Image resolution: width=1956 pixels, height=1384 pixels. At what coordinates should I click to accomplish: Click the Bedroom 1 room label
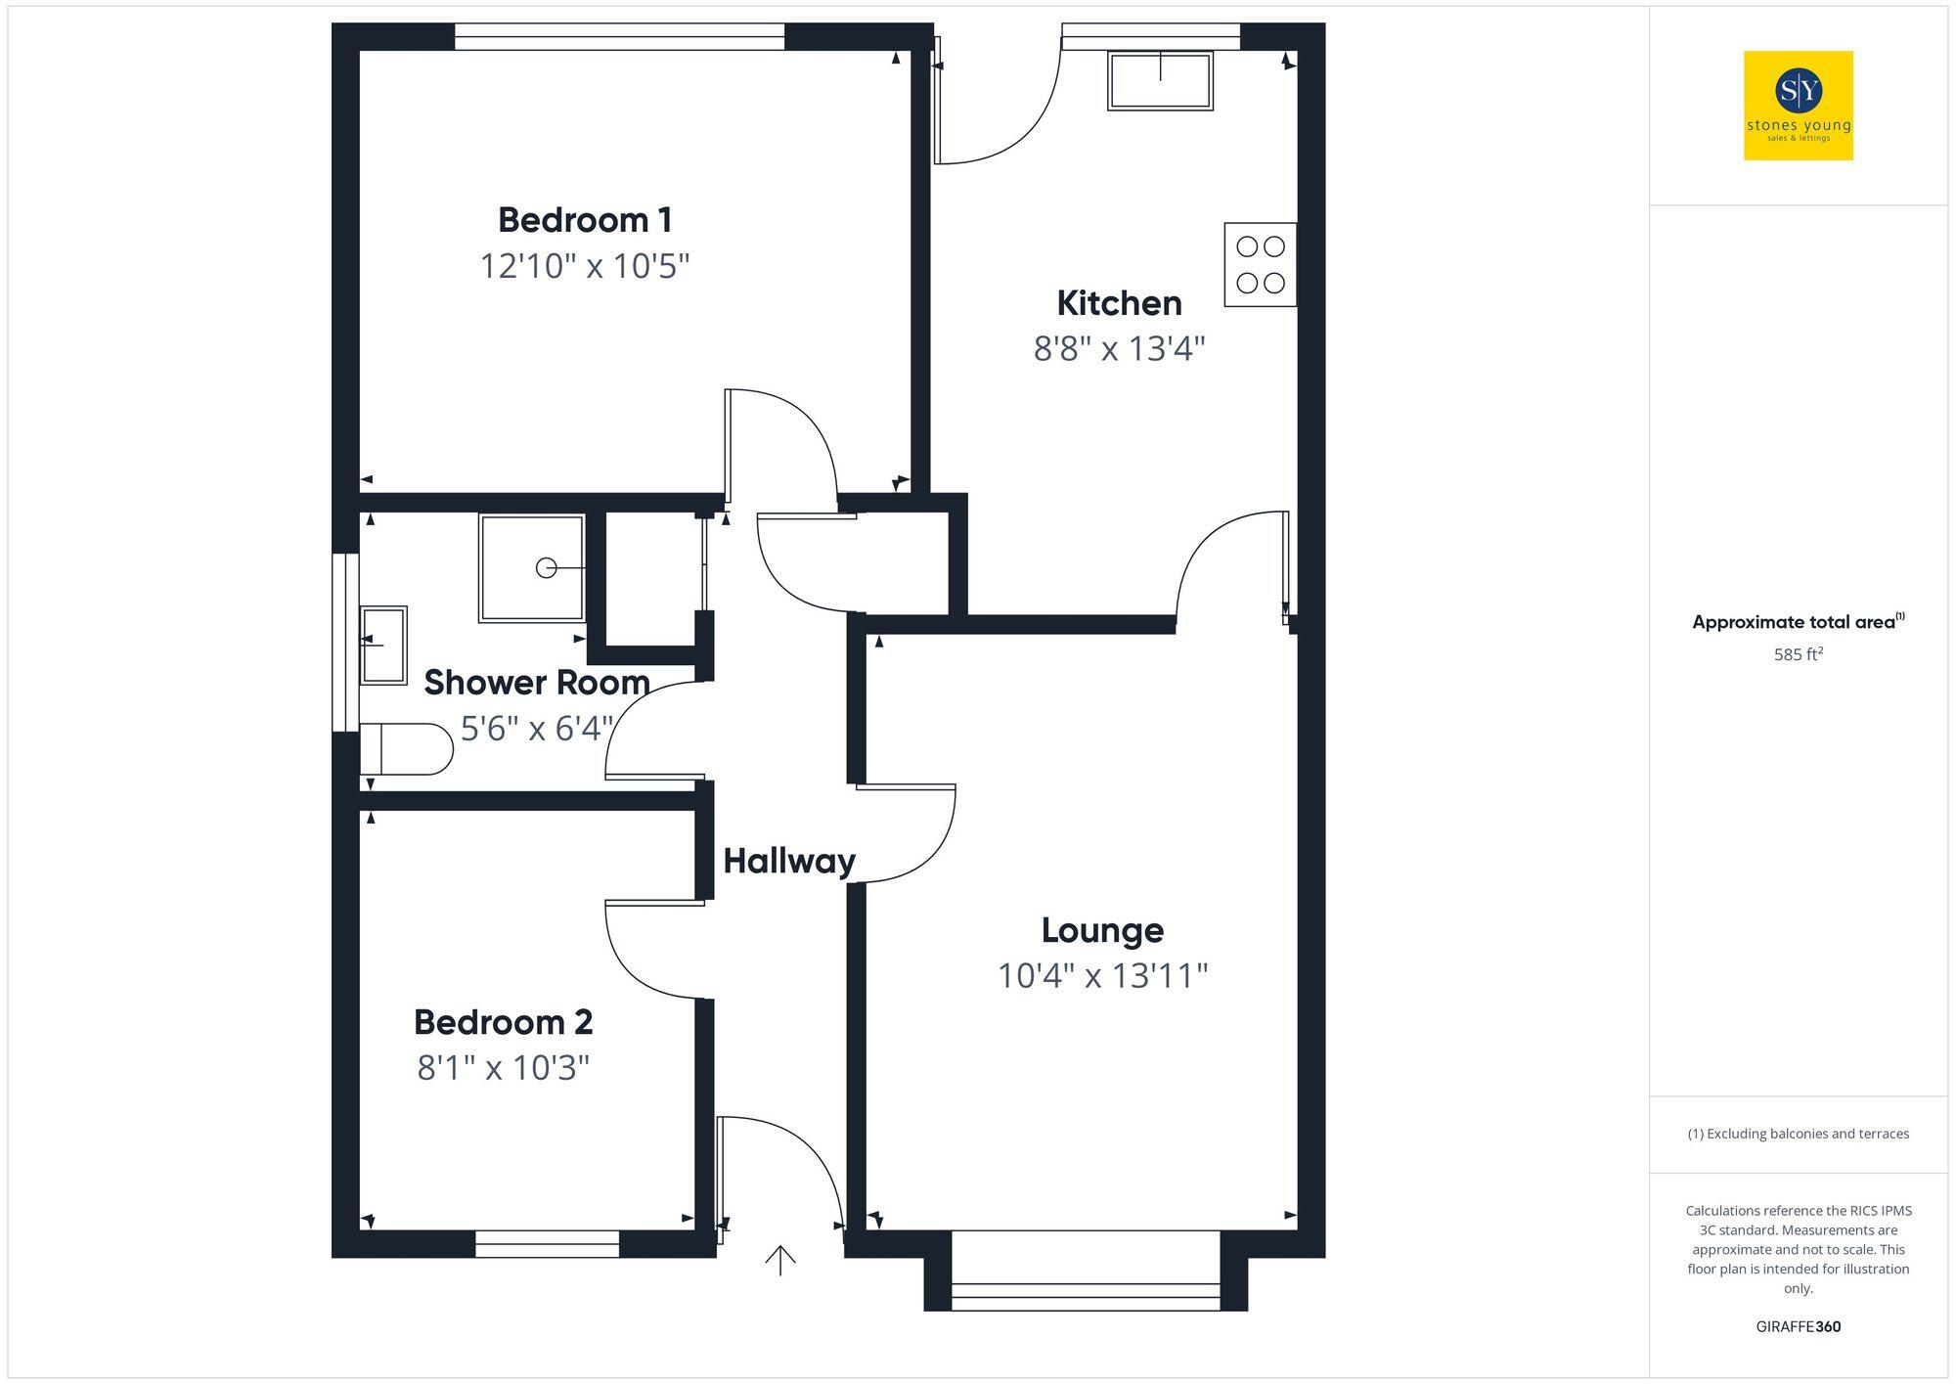click(585, 220)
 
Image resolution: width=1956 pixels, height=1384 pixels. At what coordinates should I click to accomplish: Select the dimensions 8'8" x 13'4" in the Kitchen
click(1119, 348)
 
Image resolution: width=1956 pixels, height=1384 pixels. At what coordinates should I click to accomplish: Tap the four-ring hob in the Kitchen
click(1260, 265)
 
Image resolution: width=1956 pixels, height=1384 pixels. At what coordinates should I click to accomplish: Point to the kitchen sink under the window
click(1160, 80)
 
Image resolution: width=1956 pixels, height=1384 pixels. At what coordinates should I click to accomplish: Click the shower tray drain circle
click(546, 567)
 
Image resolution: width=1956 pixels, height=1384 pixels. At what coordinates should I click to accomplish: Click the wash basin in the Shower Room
click(383, 644)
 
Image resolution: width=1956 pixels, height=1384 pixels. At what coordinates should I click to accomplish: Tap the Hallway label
click(788, 861)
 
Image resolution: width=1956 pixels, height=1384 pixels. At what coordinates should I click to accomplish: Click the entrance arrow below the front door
click(779, 1261)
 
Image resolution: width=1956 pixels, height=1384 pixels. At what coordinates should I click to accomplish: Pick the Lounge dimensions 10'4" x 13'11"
click(1102, 975)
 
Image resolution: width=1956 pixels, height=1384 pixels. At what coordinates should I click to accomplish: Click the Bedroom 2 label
click(503, 1022)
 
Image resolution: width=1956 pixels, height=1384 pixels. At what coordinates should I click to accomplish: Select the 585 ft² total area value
click(1798, 654)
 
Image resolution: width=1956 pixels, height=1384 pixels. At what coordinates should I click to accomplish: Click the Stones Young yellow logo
click(1798, 106)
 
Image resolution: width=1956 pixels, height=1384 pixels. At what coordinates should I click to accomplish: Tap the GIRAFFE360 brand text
click(1798, 1327)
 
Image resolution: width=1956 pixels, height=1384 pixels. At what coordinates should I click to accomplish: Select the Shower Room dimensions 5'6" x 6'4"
click(536, 729)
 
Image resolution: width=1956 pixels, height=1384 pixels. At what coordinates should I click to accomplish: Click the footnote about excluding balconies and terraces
click(1798, 1134)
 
